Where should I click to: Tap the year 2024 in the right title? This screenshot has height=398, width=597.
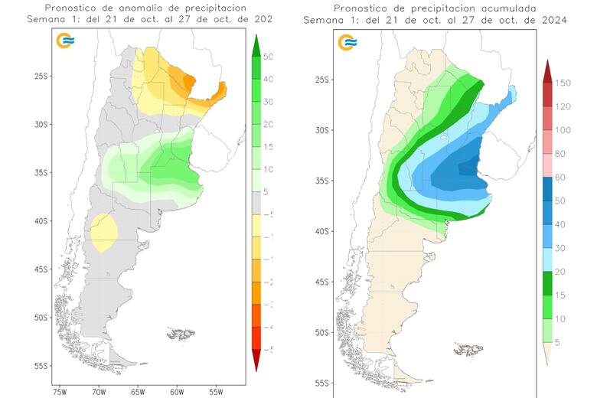553,21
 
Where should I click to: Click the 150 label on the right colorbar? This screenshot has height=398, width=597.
564,83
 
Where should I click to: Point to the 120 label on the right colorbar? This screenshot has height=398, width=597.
564,106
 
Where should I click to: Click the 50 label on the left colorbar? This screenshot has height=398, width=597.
269,57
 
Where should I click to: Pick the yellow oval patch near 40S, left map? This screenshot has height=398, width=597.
103,232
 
